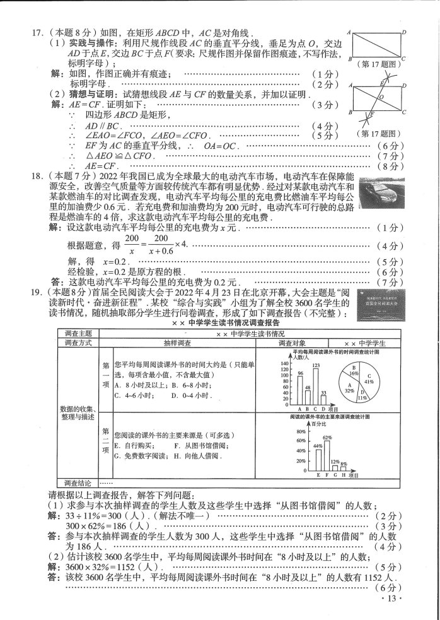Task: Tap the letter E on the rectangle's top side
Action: click(x=380, y=81)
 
